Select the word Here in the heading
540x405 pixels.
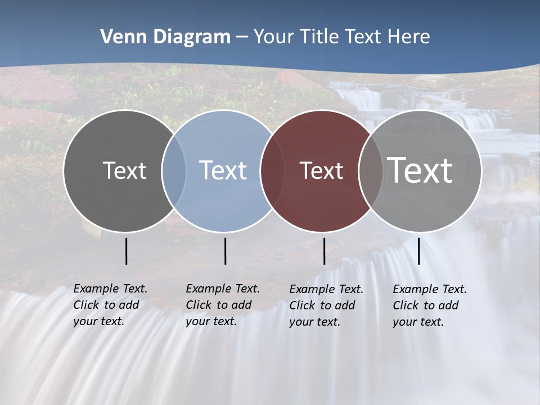pyautogui.click(x=409, y=37)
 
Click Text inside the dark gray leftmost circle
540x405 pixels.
pyautogui.click(x=124, y=170)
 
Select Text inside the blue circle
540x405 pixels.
pyautogui.click(x=223, y=170)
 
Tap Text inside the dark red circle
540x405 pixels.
pyautogui.click(x=321, y=171)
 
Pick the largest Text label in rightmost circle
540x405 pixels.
pyautogui.click(x=420, y=170)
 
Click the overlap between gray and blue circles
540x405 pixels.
pyautogui.click(x=174, y=170)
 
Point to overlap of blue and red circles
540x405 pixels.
pyautogui.click(x=272, y=170)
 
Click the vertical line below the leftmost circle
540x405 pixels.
pyautogui.click(x=127, y=251)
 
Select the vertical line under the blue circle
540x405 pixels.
pyautogui.click(x=225, y=251)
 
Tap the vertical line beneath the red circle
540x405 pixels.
pyautogui.click(x=324, y=251)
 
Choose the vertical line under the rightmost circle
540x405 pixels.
pyautogui.click(x=419, y=251)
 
